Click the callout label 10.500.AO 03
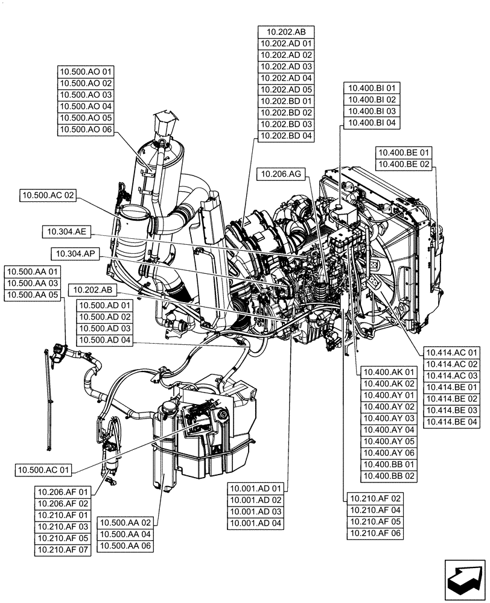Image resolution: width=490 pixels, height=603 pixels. pos(86,95)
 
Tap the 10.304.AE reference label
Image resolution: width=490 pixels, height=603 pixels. pos(67,231)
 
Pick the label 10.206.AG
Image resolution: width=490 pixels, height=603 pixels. pos(281,174)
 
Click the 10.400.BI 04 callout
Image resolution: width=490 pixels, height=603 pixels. pos(370,123)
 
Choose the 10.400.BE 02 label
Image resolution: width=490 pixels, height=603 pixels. pos(404,164)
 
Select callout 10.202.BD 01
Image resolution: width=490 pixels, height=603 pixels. pos(286,101)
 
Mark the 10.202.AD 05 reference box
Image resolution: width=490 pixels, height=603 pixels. pos(286,90)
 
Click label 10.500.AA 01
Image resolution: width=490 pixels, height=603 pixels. pos(33,272)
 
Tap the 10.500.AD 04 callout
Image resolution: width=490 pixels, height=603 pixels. pos(105,340)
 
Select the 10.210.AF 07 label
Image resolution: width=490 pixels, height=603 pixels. pos(63,550)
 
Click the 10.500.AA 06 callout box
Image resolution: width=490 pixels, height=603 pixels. pos(126,546)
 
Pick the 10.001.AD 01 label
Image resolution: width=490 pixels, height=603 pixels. pos(255,488)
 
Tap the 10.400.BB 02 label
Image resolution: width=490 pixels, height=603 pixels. pos(389,476)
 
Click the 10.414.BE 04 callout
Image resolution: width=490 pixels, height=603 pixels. pos(451,421)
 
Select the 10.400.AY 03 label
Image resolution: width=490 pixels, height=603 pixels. pos(389,418)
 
